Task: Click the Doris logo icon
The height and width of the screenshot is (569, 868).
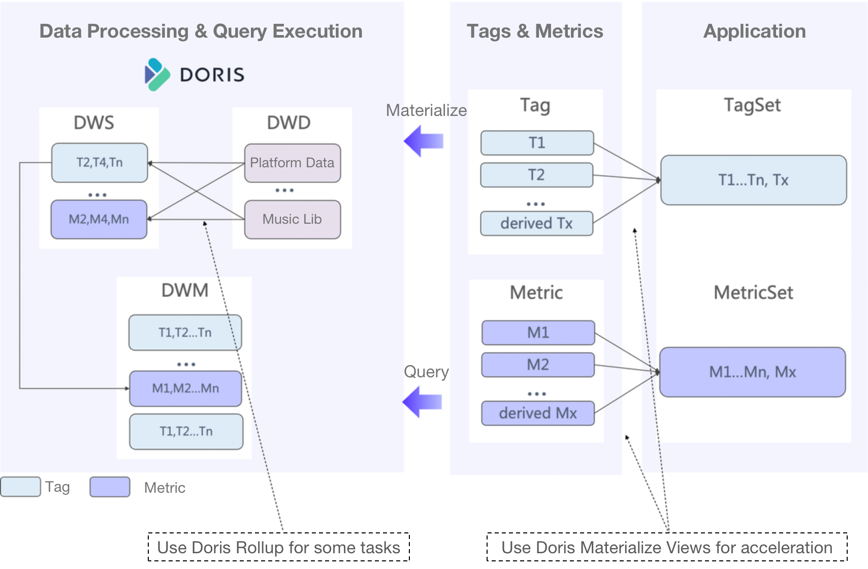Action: point(157,75)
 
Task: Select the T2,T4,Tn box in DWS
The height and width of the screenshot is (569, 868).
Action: point(100,163)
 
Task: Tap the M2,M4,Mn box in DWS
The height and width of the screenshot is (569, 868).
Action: point(99,220)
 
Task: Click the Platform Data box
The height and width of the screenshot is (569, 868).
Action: point(292,163)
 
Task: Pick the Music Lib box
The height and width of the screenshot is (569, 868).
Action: point(292,220)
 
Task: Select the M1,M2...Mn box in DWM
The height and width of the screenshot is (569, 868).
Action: point(185,388)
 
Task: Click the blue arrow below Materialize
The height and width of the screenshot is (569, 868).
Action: point(424,141)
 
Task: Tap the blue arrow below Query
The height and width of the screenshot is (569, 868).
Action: point(423,402)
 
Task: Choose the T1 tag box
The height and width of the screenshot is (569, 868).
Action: point(537,143)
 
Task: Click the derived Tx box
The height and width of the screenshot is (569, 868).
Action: point(536,223)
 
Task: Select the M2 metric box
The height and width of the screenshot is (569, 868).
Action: point(538,365)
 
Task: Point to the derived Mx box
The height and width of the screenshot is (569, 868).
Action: point(538,413)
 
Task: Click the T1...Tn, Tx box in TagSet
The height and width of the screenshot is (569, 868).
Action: point(753,180)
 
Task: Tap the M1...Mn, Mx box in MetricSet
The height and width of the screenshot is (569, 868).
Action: point(752,372)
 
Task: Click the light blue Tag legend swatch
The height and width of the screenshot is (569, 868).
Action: point(20,487)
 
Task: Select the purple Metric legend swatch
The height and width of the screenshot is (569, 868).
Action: point(110,487)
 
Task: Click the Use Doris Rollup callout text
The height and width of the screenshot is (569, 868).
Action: point(278,547)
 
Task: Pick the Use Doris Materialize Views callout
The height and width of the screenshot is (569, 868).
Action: point(666,547)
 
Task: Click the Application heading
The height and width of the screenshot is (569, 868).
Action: point(754,32)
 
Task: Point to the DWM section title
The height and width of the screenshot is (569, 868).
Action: point(185,290)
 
